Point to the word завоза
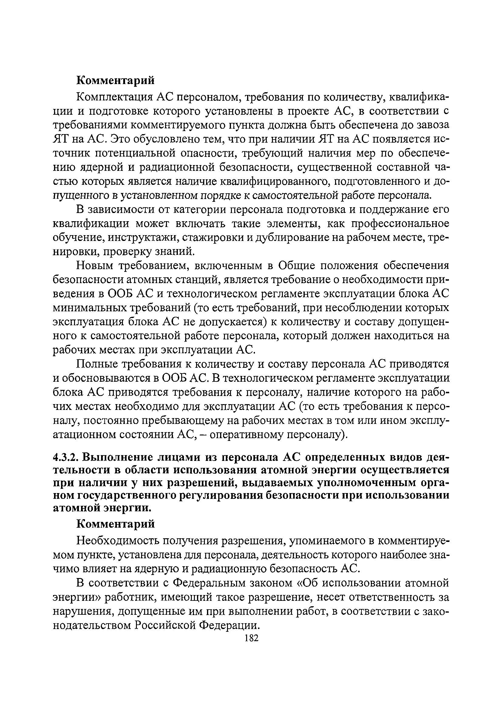pyautogui.click(x=433, y=125)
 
